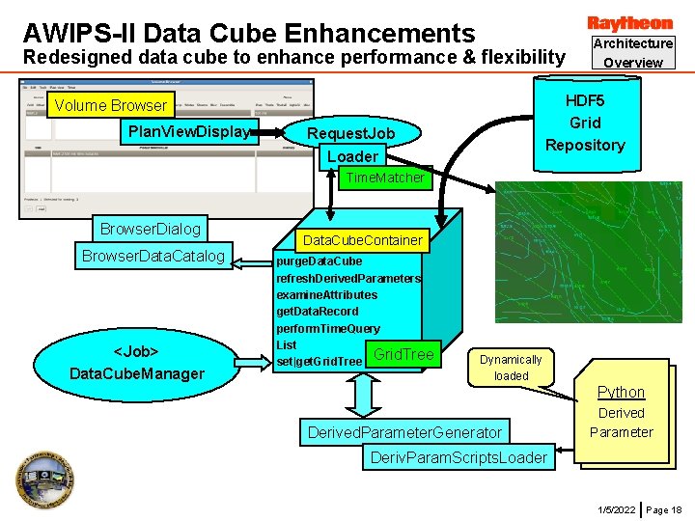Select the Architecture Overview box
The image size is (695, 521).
coord(632,52)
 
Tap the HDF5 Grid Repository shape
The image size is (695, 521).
coord(584,123)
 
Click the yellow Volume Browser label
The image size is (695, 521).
coord(111,105)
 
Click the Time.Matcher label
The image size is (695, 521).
coord(385,178)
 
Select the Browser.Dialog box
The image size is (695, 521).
coord(151,229)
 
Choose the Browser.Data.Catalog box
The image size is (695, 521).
coord(153,256)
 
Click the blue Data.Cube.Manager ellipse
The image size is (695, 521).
coord(136,362)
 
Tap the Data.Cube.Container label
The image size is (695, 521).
coord(363,239)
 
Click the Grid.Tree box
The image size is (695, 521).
coord(403,355)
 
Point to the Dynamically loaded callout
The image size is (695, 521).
coord(511,368)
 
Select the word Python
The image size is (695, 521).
coord(621,392)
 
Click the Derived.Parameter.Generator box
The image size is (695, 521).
coord(404,431)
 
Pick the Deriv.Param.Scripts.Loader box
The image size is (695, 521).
coord(459,456)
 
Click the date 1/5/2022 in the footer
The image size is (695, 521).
coord(616,508)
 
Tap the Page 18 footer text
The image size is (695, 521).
coord(663,508)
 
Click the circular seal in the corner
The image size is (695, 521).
coord(43,482)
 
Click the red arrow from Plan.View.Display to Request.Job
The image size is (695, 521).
coord(282,132)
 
